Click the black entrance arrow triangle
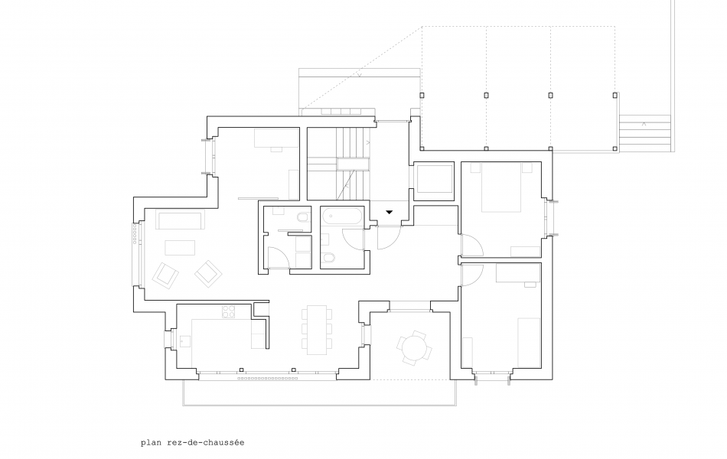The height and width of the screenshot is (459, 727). [390, 212]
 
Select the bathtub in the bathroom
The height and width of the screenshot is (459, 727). [342, 216]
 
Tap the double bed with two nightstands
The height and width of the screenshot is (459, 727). [502, 189]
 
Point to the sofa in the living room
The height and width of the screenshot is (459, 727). [180, 220]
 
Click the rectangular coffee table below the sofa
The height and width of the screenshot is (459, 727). [180, 248]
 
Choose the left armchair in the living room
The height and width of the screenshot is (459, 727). [166, 275]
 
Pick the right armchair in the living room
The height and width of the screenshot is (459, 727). [207, 272]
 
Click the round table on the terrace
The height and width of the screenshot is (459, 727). [414, 348]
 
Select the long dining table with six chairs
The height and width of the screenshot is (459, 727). [316, 330]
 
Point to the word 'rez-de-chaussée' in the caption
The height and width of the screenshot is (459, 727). [204, 442]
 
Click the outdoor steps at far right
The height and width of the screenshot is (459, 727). [644, 134]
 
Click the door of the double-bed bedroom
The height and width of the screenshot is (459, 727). [471, 248]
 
